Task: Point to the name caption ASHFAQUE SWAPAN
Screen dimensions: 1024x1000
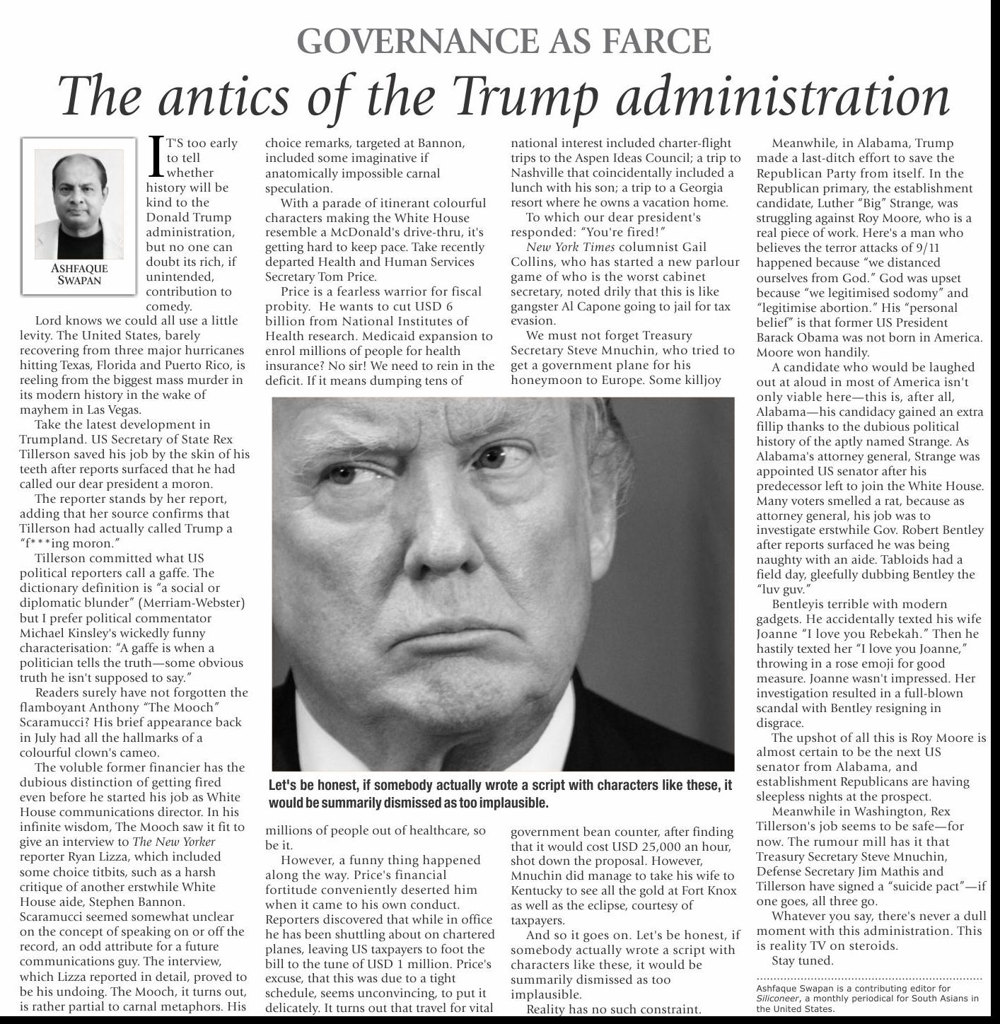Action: (79, 274)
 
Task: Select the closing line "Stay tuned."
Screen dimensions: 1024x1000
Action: (803, 960)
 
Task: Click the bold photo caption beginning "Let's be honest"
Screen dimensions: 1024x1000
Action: (500, 794)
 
